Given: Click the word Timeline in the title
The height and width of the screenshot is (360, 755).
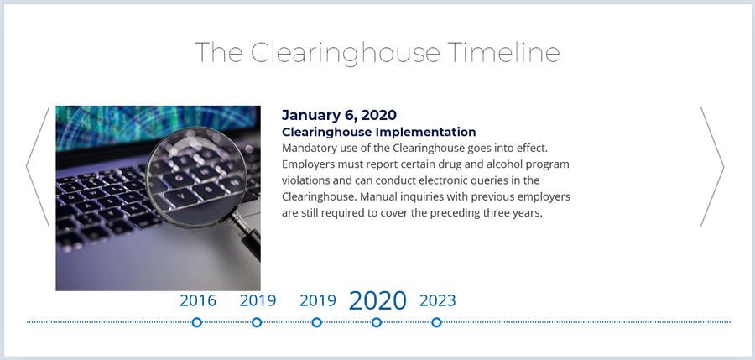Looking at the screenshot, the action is click(503, 52).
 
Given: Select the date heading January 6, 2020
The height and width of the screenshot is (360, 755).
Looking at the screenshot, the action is click(339, 115).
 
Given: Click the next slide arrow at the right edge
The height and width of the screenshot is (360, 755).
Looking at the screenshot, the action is click(712, 167).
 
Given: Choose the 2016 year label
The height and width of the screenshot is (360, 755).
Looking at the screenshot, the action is click(198, 300).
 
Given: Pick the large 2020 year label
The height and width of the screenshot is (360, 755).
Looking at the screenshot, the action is click(377, 300).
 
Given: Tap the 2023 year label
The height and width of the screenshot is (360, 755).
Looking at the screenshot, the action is click(437, 300).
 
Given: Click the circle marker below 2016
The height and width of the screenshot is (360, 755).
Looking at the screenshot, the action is click(196, 322).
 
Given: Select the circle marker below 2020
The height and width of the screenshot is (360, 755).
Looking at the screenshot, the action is click(377, 322).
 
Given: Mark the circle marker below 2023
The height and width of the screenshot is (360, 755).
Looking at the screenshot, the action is click(436, 322).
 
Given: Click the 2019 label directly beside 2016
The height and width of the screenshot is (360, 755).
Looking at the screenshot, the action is click(258, 300).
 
